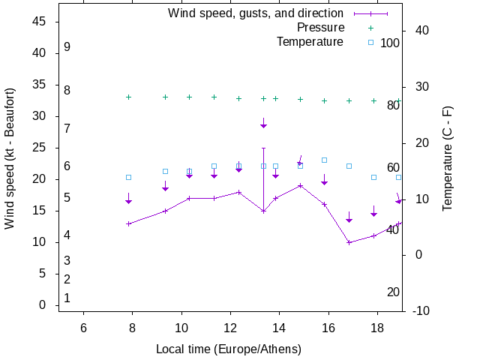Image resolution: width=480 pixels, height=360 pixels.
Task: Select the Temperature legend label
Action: [x=310, y=41]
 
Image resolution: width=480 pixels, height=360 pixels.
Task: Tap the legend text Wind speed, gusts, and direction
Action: [x=255, y=13]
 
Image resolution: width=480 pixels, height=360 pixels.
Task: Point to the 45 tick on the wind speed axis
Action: [x=40, y=22]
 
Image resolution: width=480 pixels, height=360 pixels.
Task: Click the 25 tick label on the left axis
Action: [x=40, y=148]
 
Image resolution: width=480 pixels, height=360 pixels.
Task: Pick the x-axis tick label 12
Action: [x=230, y=328]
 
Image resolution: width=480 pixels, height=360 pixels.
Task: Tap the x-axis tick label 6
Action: [x=83, y=328]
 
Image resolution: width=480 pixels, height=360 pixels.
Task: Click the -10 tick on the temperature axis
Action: [x=421, y=310]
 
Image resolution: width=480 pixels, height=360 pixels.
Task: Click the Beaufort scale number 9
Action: [x=67, y=46]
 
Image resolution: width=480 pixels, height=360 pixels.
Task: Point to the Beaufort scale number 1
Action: [x=67, y=298]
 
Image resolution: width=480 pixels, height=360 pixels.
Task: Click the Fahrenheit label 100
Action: [x=390, y=43]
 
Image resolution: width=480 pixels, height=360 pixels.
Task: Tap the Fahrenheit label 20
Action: [x=393, y=292]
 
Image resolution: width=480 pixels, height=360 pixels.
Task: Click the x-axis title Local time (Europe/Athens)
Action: [x=229, y=349]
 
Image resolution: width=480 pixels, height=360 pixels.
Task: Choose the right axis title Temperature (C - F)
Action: [x=447, y=157]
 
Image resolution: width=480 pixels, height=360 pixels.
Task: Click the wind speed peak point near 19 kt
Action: [x=300, y=185]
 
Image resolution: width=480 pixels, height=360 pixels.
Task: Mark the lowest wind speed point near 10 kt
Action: [x=349, y=242]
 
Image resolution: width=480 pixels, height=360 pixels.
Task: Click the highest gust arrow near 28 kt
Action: [x=263, y=124]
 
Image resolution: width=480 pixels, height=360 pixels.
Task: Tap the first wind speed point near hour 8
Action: [x=128, y=223]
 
